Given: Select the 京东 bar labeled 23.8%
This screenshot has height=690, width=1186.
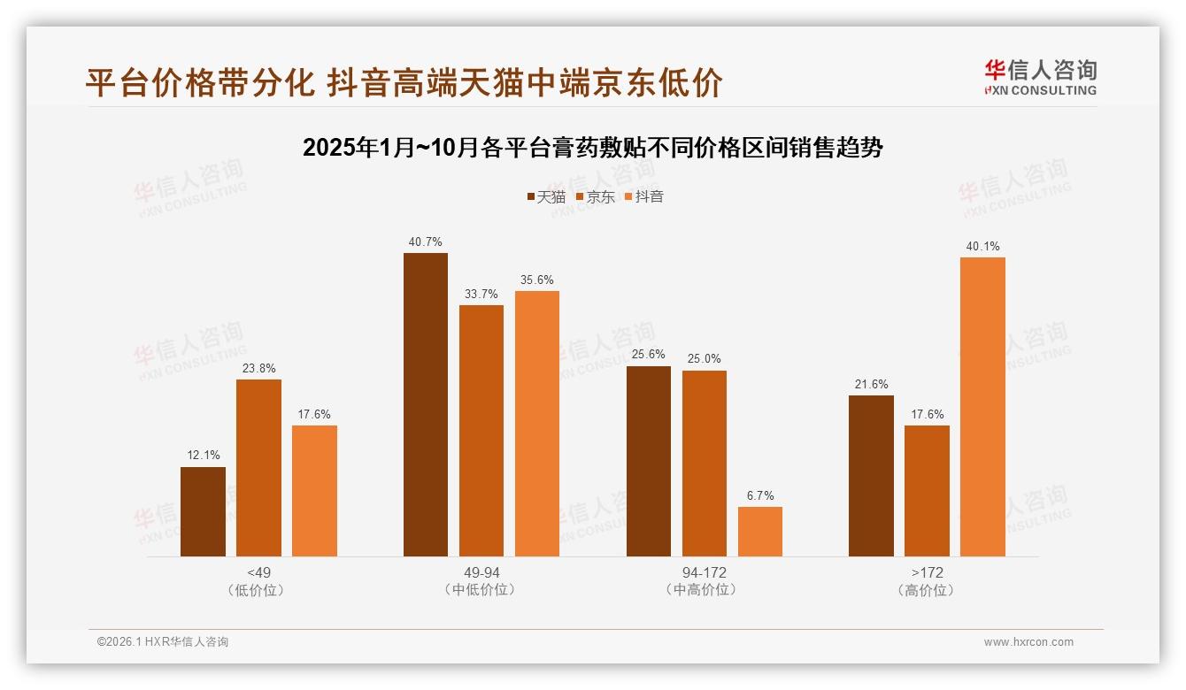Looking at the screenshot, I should click(x=258, y=468).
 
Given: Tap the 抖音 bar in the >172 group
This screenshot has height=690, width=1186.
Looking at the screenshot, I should click(x=982, y=406).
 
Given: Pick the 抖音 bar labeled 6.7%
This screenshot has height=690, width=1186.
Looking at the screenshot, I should click(x=760, y=531).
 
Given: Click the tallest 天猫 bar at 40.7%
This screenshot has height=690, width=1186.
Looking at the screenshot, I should click(x=426, y=404).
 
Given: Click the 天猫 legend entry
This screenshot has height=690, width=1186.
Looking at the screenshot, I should click(x=546, y=196).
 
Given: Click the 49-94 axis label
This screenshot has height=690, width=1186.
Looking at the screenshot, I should click(x=481, y=572).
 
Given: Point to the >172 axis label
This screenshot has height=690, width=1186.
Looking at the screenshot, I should click(x=927, y=572).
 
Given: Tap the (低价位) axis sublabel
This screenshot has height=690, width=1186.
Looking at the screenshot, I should click(x=258, y=590).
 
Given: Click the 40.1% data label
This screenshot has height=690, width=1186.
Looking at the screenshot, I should click(x=982, y=246).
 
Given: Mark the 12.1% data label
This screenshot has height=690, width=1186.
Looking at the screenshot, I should click(x=203, y=456).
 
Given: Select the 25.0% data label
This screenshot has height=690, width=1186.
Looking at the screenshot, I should click(x=705, y=358).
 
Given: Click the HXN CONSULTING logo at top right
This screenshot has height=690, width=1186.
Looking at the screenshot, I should click(x=1041, y=77).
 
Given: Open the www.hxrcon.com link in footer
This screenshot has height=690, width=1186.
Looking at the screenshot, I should click(x=1028, y=642).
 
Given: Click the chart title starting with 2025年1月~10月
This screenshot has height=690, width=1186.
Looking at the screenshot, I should click(x=593, y=148).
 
